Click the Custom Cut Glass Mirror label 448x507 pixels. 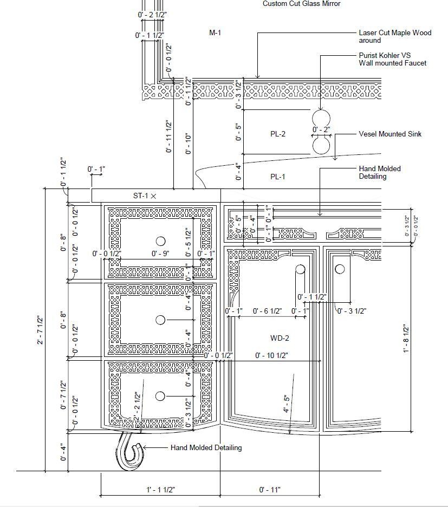[301, 4]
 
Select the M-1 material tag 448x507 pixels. [215, 33]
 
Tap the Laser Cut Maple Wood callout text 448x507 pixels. [395, 36]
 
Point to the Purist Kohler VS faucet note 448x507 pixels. [392, 59]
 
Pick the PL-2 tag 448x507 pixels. [278, 134]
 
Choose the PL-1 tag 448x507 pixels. [278, 177]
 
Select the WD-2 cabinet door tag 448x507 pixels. [280, 339]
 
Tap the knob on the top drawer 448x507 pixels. [160, 241]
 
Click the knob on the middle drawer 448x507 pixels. [160, 320]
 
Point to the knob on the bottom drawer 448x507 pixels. [160, 396]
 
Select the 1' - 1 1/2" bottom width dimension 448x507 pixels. [160, 490]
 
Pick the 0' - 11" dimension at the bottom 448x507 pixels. [270, 490]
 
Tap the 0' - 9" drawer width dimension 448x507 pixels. [160, 253]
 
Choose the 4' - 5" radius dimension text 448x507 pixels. [287, 404]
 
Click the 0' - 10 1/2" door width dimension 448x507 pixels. [271, 355]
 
